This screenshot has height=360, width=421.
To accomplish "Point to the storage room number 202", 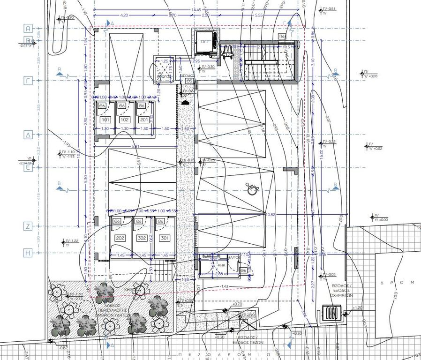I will click(x=120, y=239).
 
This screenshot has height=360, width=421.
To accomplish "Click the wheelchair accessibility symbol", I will click(x=252, y=188).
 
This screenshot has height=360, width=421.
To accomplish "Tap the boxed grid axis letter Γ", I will click(x=28, y=81).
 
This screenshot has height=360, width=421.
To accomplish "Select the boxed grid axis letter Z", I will click(x=28, y=226).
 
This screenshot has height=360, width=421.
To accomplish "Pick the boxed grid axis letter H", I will click(x=28, y=253).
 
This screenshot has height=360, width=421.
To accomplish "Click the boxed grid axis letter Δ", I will click(x=28, y=135).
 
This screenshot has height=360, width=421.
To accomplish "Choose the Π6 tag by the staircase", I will click(x=282, y=36).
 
